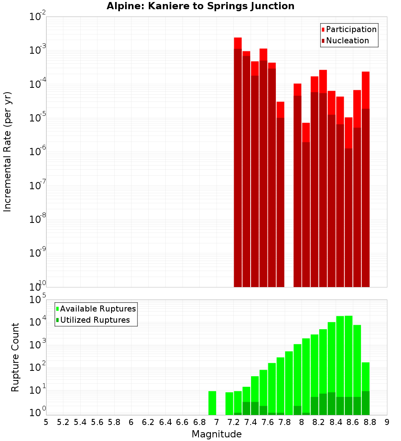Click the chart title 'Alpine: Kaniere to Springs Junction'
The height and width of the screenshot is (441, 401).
coord(200,6)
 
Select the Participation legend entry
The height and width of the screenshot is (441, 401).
coord(349,29)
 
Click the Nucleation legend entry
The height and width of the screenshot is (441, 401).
coord(345,40)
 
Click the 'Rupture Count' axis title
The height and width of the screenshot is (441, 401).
coord(15,357)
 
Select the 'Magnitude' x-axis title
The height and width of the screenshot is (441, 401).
coord(217,434)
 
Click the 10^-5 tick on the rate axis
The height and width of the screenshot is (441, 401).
coord(37,117)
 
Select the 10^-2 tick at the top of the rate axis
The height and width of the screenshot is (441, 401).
coord(37,16)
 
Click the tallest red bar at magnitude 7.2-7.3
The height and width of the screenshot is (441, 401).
coord(238,160)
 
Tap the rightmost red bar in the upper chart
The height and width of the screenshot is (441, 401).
coord(365,180)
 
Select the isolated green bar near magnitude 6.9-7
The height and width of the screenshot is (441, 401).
coord(212,403)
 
